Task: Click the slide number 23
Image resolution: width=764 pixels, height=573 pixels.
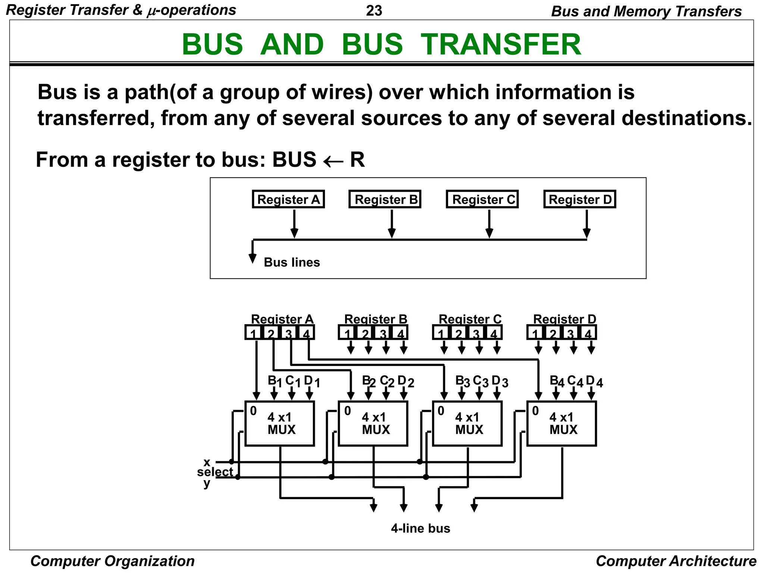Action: pyautogui.click(x=374, y=11)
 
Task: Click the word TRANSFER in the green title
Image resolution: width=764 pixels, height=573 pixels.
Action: pyautogui.click(x=501, y=44)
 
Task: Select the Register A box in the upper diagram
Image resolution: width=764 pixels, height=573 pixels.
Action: pyautogui.click(x=288, y=199)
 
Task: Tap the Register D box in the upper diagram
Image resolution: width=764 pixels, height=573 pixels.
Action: pyautogui.click(x=580, y=199)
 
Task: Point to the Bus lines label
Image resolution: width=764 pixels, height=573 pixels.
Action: pyautogui.click(x=292, y=262)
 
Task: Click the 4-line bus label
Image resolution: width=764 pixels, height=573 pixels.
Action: pyautogui.click(x=420, y=528)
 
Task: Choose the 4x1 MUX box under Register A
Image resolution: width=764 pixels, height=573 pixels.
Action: pyautogui.click(x=280, y=424)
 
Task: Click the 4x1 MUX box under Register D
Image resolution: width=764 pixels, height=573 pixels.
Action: pyautogui.click(x=562, y=424)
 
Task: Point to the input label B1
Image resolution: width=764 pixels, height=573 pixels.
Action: pyautogui.click(x=275, y=381)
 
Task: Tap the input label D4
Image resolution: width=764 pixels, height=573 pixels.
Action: pyautogui.click(x=594, y=381)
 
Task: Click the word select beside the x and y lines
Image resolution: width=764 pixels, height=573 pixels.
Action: pyautogui.click(x=215, y=472)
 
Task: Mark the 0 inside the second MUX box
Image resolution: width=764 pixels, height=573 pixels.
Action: pyautogui.click(x=347, y=411)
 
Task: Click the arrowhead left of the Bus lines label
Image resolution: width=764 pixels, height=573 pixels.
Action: pyautogui.click(x=253, y=259)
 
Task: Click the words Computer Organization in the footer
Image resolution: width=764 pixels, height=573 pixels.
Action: pyautogui.click(x=112, y=561)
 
